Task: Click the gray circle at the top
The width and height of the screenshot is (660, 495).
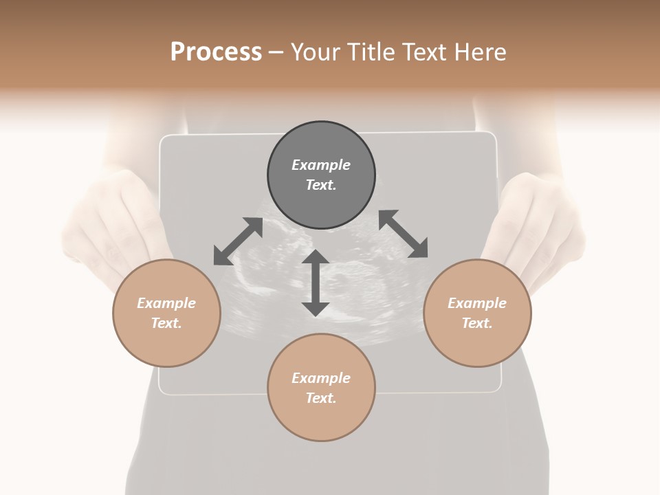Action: click(x=321, y=175)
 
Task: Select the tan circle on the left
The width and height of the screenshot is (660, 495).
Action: click(x=166, y=313)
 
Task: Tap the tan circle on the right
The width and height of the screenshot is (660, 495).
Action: click(x=477, y=313)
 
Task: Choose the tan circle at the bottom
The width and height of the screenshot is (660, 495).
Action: click(x=321, y=388)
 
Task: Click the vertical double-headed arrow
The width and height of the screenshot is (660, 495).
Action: click(x=316, y=283)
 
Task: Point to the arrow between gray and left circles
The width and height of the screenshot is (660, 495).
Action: click(x=238, y=241)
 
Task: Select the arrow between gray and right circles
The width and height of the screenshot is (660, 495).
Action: click(x=404, y=234)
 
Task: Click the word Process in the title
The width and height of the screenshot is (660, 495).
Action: click(x=216, y=52)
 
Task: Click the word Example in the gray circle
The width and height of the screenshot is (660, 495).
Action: click(x=321, y=165)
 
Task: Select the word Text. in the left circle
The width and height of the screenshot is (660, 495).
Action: click(x=166, y=323)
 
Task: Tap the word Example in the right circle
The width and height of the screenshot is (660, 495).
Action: click(x=477, y=303)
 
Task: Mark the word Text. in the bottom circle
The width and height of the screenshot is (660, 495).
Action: click(x=321, y=398)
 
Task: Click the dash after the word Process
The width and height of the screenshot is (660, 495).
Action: click(x=276, y=52)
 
